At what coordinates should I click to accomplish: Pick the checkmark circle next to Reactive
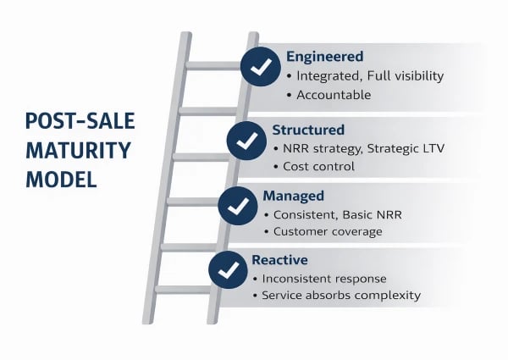point(228,268)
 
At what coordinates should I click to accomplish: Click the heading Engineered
point(324,57)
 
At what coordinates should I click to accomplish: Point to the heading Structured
point(308,130)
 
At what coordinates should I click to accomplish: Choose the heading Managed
point(293,196)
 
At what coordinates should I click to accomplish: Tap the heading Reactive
point(279,259)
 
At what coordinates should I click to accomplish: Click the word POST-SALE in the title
point(79,123)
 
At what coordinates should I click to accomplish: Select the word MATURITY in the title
point(77,152)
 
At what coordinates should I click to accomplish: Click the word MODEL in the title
point(60,180)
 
